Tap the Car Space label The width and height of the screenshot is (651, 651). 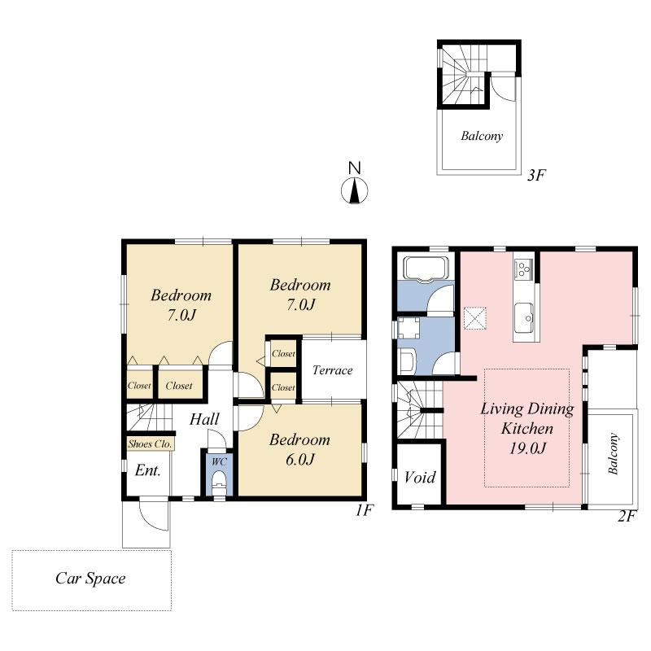coord(90,579)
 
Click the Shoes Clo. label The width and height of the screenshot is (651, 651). coord(149,445)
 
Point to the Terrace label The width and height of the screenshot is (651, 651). coord(332,371)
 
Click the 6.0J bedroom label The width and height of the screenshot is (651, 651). coord(299,459)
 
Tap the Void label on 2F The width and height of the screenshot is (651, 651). coord(420,477)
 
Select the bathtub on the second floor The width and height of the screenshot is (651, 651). coord(426,269)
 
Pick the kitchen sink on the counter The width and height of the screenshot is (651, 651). coord(522,312)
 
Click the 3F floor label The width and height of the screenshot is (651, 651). coord(534,174)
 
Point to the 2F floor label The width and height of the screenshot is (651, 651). coord(625,516)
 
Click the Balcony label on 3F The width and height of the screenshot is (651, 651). coord(481,137)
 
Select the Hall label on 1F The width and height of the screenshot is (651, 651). coord(204,420)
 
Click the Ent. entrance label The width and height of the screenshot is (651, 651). coord(147,470)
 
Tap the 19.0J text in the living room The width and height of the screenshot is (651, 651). coord(526,447)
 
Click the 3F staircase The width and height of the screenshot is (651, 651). coord(461,76)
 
